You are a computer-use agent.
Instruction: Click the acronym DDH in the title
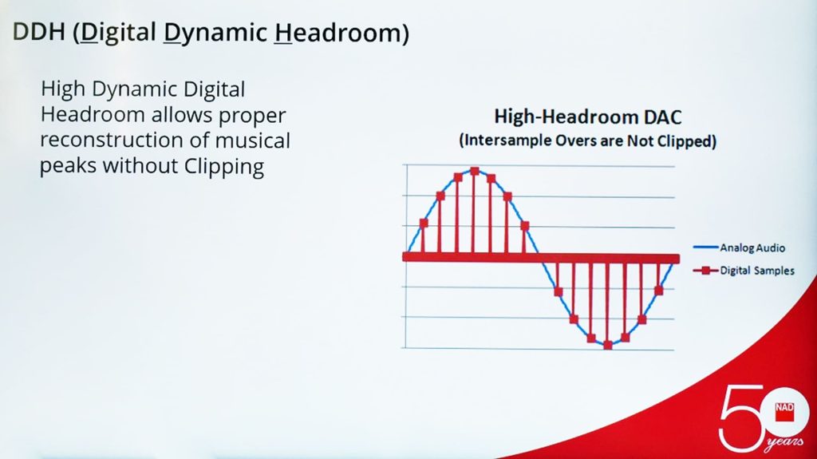(x=38, y=32)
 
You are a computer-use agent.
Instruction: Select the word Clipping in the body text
(x=224, y=167)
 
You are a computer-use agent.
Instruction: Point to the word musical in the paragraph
(x=253, y=140)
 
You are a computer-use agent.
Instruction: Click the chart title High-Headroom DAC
(x=588, y=117)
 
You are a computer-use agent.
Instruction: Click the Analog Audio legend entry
(x=740, y=247)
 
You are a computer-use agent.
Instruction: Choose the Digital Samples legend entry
(x=744, y=270)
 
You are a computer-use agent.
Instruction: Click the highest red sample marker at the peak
(x=475, y=171)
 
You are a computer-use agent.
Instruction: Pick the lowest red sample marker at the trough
(x=607, y=346)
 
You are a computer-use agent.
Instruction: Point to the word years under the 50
(x=784, y=443)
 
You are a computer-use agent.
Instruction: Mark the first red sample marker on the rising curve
(x=424, y=224)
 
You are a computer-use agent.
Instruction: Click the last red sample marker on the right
(x=658, y=290)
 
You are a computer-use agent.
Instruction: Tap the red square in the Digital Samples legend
(x=705, y=270)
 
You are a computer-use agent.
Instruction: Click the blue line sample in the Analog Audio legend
(x=706, y=247)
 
